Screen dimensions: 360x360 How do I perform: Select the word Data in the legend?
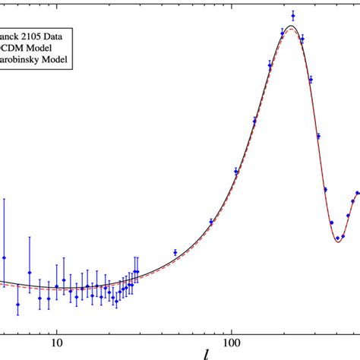(x=60, y=34)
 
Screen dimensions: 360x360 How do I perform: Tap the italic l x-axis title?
(x=207, y=351)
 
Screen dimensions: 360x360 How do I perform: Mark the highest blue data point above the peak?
(x=292, y=14)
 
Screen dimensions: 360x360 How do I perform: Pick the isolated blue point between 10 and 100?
(x=175, y=252)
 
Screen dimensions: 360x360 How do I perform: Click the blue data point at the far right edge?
(x=357, y=194)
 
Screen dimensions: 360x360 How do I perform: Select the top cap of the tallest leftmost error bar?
(x=4, y=199)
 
